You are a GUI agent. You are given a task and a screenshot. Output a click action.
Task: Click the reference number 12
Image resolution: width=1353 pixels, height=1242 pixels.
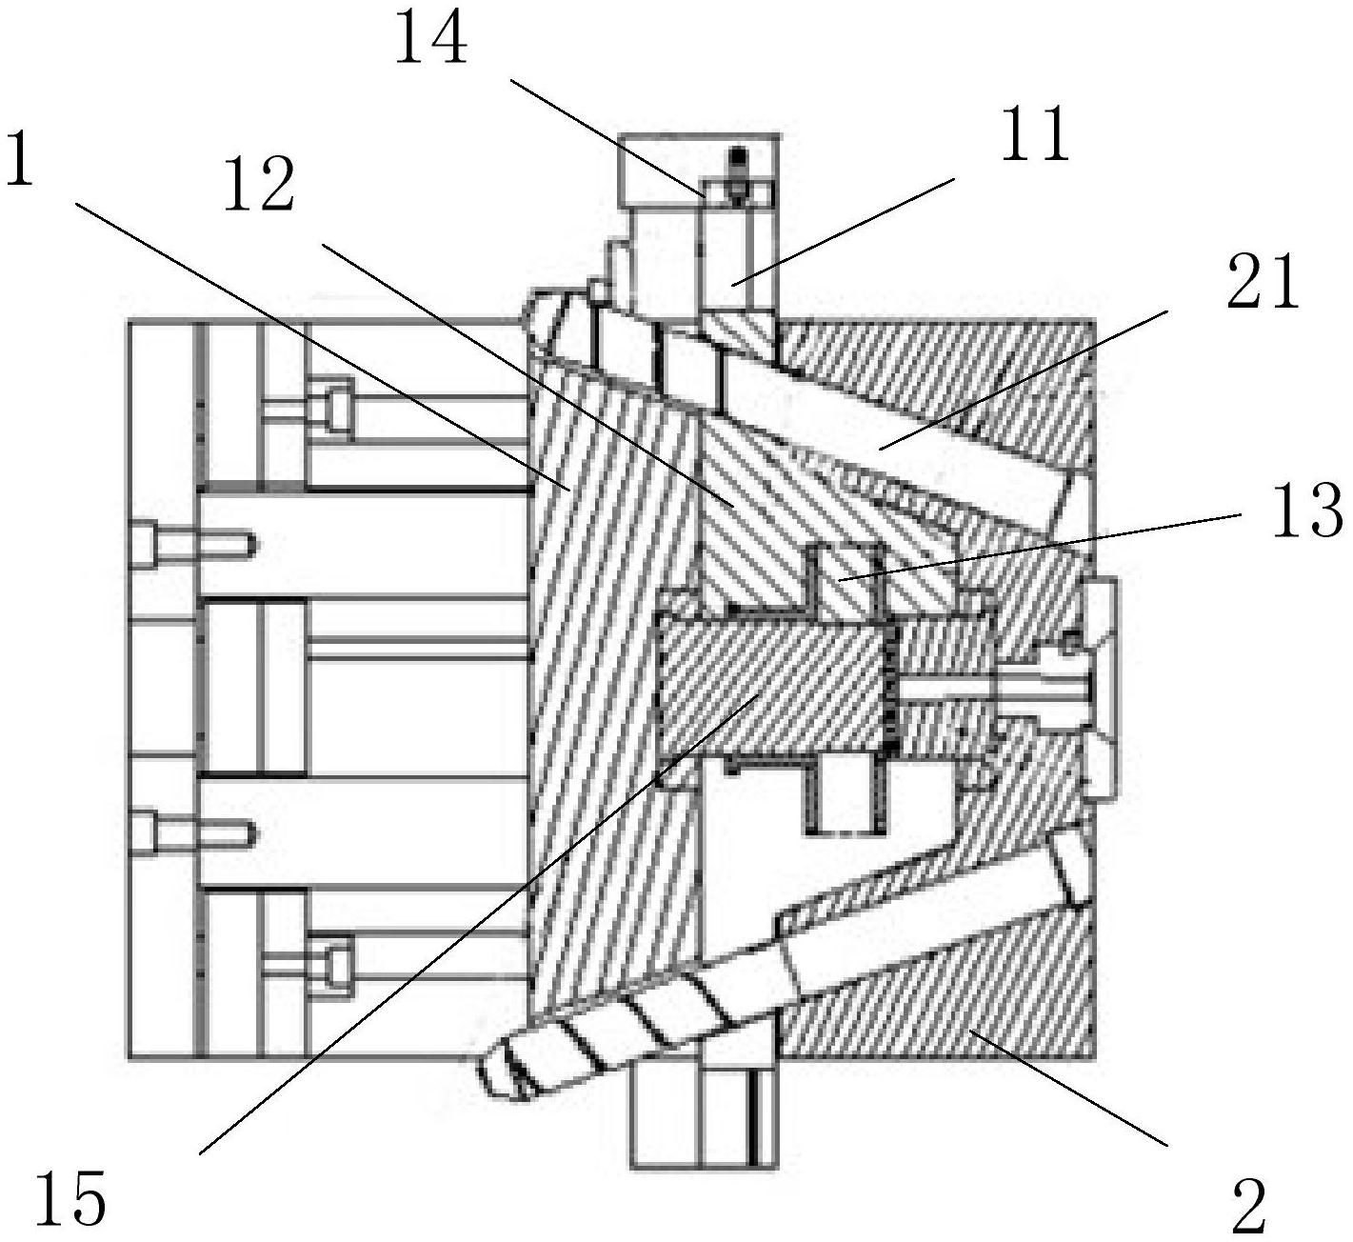258,185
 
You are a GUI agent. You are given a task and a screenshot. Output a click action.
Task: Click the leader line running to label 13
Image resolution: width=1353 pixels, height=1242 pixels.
1047,549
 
